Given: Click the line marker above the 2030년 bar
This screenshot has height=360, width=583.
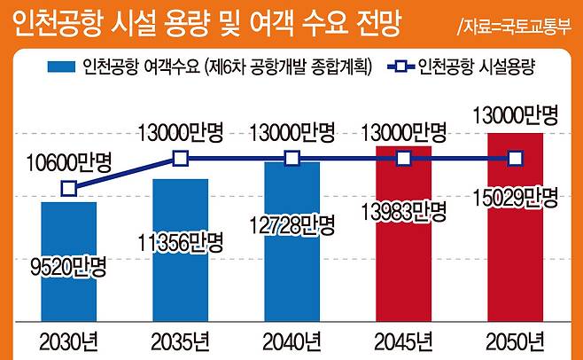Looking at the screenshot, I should (x=68, y=188).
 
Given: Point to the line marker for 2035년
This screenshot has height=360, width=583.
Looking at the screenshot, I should (x=180, y=159).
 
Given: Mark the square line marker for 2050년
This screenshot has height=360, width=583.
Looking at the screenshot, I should (x=515, y=159).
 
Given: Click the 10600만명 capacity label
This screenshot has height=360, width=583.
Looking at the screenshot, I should (x=68, y=162).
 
